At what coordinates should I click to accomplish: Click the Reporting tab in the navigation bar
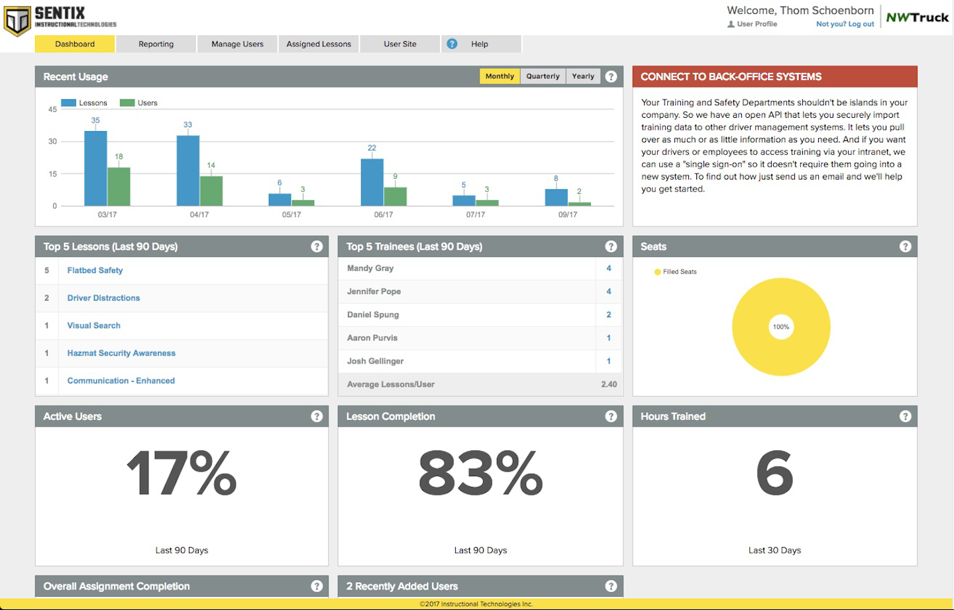tap(156, 44)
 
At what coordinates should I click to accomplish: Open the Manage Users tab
tap(237, 44)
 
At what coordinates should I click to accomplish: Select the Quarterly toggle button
tap(543, 76)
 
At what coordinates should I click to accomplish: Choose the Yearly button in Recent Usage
tap(583, 76)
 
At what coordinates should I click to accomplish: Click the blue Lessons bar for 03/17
tap(95, 169)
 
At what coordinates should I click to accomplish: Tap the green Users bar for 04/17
tap(211, 191)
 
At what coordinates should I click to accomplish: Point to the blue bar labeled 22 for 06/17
tap(372, 182)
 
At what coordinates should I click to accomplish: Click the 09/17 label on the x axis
tap(567, 215)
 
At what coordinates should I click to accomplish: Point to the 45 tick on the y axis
tap(52, 109)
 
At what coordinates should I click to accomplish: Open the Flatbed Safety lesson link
tap(95, 270)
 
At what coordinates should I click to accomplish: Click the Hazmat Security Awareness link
tap(121, 353)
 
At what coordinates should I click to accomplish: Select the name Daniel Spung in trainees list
tap(373, 315)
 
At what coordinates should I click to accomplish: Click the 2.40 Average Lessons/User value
tap(609, 384)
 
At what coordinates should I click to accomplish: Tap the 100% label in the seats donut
tap(781, 327)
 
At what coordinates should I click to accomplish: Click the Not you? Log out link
tap(845, 24)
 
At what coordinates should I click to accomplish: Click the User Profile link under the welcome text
tap(757, 24)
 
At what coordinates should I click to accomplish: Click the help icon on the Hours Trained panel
tap(905, 416)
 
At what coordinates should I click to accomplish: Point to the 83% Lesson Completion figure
tap(480, 474)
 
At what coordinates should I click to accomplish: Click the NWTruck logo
tap(917, 18)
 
